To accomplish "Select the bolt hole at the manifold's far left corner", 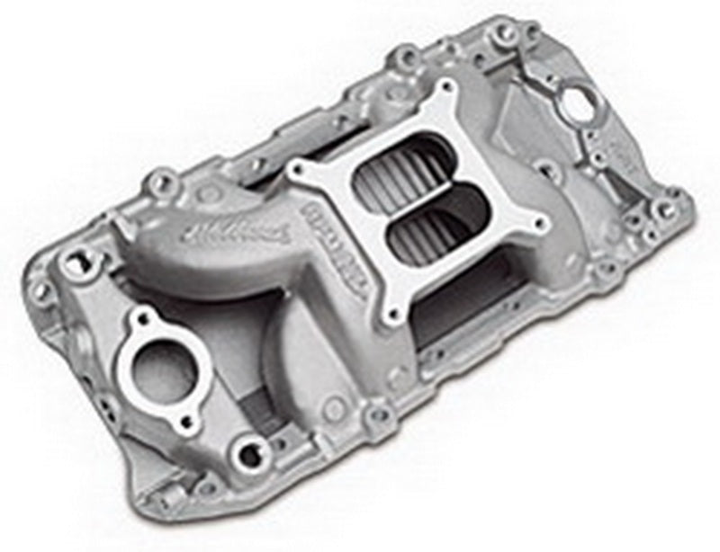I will pos(40,290).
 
